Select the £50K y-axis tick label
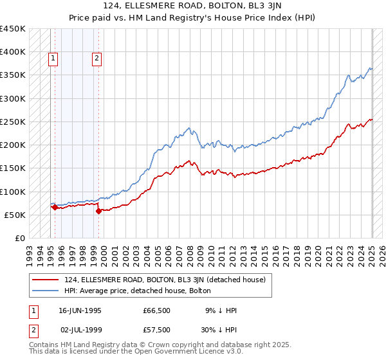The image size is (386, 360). coord(15,215)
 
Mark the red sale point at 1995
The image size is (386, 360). coord(55,207)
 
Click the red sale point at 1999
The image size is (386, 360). coord(98,211)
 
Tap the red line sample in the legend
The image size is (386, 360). coord(46,279)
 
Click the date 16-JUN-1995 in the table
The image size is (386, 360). coord(80,310)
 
